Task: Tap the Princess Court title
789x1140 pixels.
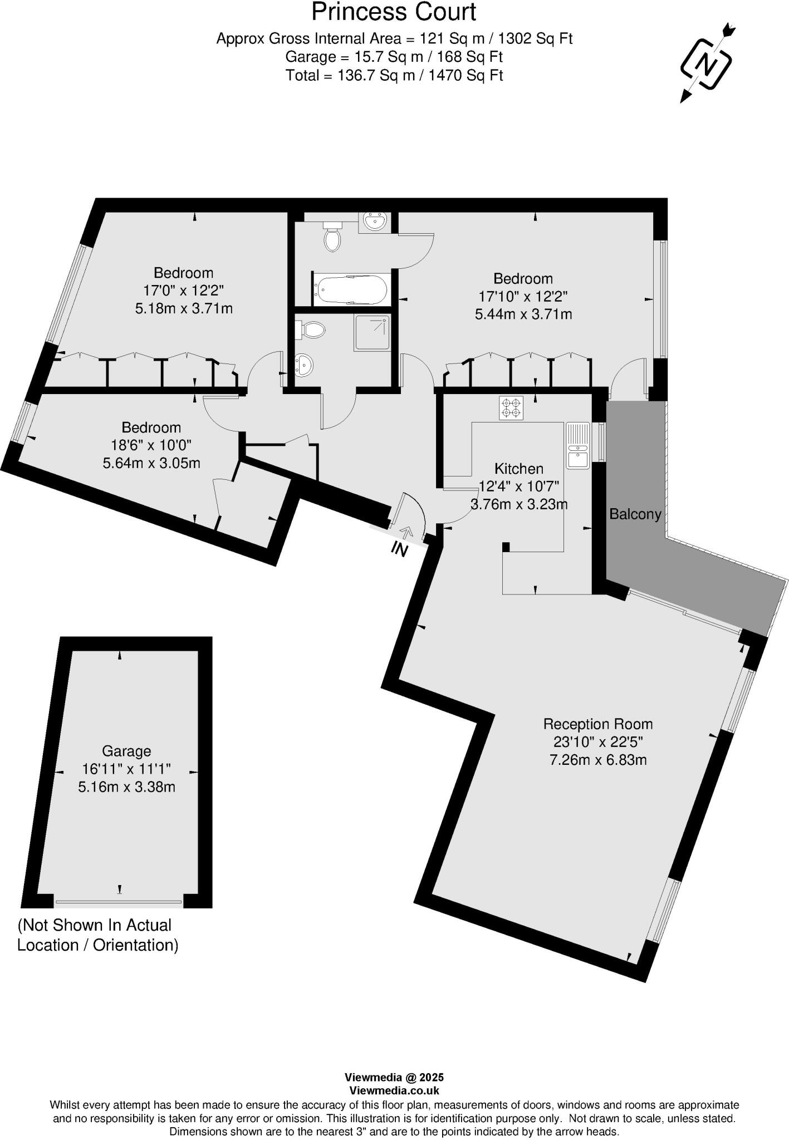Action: pyautogui.click(x=394, y=12)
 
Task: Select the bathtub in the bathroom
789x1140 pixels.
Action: pyautogui.click(x=351, y=289)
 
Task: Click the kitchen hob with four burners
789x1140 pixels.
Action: pyautogui.click(x=511, y=407)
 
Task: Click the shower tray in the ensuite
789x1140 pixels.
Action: pyautogui.click(x=371, y=332)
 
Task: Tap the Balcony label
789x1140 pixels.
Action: pyautogui.click(x=635, y=514)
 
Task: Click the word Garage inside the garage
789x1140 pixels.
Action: pyautogui.click(x=126, y=751)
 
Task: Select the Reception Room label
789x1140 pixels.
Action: pyautogui.click(x=597, y=724)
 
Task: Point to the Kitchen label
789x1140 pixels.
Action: pyautogui.click(x=519, y=469)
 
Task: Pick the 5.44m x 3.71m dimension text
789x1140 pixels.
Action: pyautogui.click(x=523, y=314)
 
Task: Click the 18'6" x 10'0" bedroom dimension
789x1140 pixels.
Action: pyautogui.click(x=151, y=445)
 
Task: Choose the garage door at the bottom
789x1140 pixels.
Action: pyautogui.click(x=119, y=902)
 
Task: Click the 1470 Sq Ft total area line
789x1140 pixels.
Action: pyautogui.click(x=394, y=75)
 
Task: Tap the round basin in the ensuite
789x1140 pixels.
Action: pyautogui.click(x=305, y=365)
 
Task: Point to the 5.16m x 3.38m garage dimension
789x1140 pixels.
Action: pyautogui.click(x=126, y=787)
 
